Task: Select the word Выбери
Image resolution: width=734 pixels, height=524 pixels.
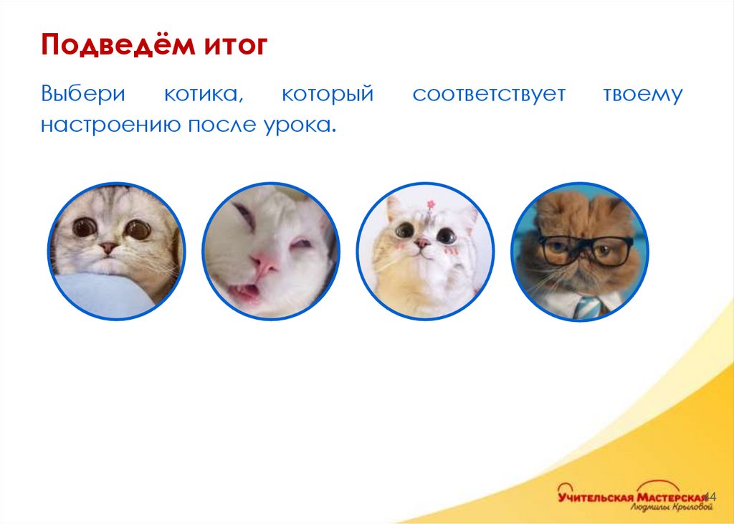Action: (83, 94)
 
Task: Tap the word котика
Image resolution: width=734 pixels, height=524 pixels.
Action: (205, 95)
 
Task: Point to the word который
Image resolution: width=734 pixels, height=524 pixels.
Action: (328, 95)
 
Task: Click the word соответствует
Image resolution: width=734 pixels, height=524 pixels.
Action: (489, 95)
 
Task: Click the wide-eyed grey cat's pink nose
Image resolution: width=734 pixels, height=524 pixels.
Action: (108, 248)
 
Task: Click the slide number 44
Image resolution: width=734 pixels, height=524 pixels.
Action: (710, 497)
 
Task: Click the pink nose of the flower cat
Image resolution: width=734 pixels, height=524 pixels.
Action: (424, 244)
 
